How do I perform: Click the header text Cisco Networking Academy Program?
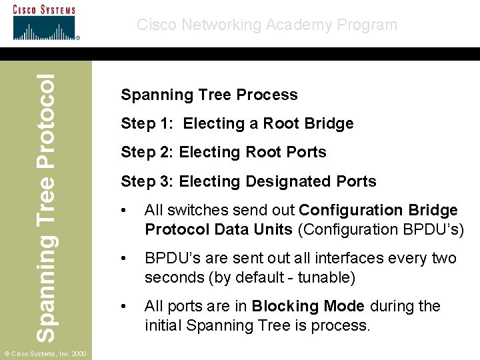click(x=267, y=25)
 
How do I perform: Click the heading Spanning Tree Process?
click(x=209, y=95)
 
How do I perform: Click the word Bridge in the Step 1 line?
click(x=328, y=123)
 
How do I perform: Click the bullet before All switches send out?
click(x=124, y=211)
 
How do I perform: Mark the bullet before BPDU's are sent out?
click(x=124, y=258)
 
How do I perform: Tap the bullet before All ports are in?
click(x=124, y=306)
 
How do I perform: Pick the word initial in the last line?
click(x=164, y=325)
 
